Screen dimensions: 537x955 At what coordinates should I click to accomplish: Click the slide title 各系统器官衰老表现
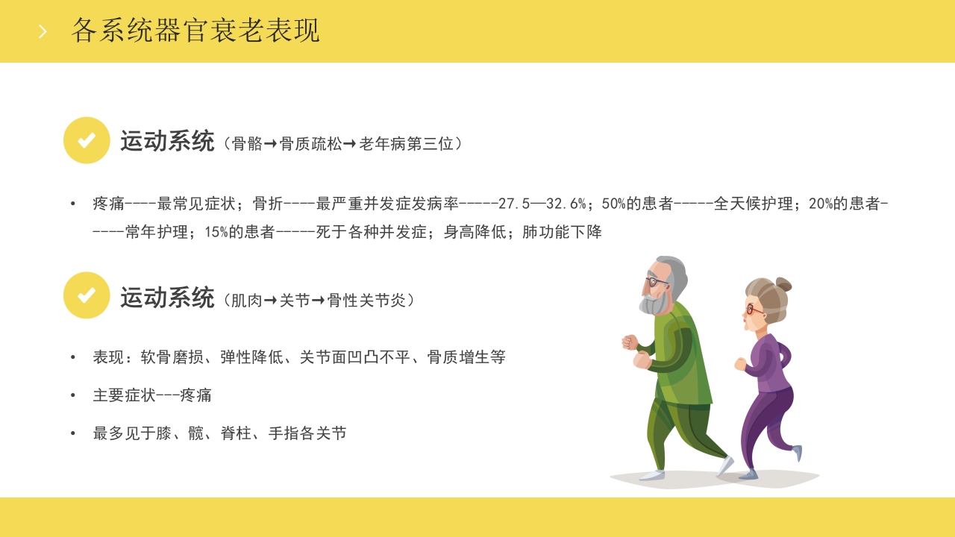point(195,31)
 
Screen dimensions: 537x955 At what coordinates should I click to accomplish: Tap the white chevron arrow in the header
point(43,31)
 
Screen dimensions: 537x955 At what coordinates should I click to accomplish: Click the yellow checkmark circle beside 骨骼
point(87,140)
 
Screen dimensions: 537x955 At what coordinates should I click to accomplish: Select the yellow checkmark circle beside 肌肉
point(87,295)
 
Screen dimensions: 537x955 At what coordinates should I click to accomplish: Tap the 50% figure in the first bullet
point(613,204)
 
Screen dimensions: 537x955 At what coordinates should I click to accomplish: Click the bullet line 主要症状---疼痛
point(152,395)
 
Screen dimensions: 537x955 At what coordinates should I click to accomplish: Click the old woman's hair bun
point(783,284)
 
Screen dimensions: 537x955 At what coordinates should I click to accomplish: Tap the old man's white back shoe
point(724,466)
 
